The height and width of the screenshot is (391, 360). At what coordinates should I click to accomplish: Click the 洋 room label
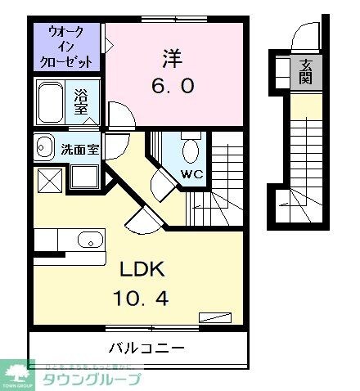pyautogui.click(x=171, y=59)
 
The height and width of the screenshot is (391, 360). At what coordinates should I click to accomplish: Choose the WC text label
pyautogui.click(x=192, y=174)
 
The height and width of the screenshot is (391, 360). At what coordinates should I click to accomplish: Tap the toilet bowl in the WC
pyautogui.click(x=190, y=151)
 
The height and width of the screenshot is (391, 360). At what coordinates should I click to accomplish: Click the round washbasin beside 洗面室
pyautogui.click(x=44, y=148)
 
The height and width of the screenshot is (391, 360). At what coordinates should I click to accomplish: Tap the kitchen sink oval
pyautogui.click(x=90, y=240)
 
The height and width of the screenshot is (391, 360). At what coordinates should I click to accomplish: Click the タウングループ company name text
pyautogui.click(x=91, y=379)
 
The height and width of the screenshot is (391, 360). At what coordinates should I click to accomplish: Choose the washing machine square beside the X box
pyautogui.click(x=83, y=177)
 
